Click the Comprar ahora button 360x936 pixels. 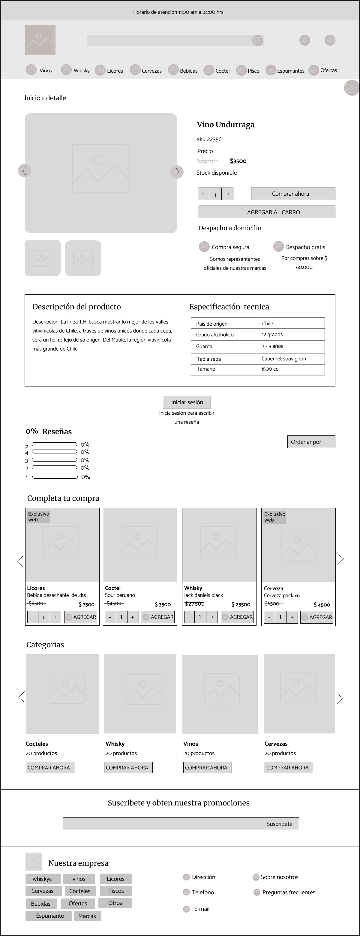(293, 194)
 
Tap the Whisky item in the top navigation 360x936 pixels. (81, 71)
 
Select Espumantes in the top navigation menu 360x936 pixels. (290, 71)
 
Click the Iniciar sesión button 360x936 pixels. (187, 402)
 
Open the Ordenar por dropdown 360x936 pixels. (311, 442)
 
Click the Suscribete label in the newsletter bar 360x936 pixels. (279, 824)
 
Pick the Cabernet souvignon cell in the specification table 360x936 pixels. (283, 359)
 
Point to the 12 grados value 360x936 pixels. (272, 334)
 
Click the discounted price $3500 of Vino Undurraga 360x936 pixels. (238, 161)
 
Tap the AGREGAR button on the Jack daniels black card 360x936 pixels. (237, 617)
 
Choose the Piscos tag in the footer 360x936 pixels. (116, 891)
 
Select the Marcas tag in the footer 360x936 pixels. (87, 916)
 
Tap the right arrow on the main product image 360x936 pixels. (177, 171)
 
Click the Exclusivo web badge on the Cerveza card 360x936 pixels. (274, 517)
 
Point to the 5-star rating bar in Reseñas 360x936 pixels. (55, 444)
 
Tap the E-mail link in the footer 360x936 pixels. (201, 909)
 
